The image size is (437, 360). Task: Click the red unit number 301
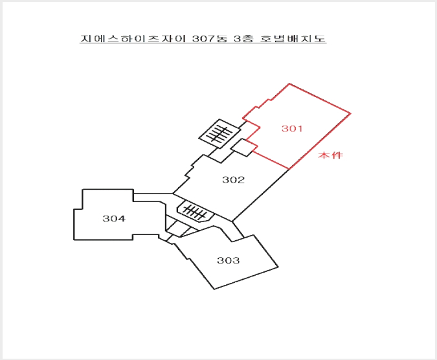292,128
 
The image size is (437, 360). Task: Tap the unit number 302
233,180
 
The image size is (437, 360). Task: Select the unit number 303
229,260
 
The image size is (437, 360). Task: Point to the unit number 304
114,218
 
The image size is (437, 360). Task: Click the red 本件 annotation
331,155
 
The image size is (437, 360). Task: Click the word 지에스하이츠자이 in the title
133,38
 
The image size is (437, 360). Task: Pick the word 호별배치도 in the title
293,38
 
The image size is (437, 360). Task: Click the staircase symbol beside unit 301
220,134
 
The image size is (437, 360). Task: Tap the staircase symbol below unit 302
196,212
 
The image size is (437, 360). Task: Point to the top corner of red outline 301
289,84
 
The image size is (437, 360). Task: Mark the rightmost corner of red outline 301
351,113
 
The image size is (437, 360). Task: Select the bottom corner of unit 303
214,289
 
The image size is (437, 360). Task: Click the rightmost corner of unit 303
278,267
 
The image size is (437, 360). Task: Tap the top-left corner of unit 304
82,190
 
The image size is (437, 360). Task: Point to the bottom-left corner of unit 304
74,240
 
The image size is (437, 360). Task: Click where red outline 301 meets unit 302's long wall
289,169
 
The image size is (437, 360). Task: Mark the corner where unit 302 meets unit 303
232,221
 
